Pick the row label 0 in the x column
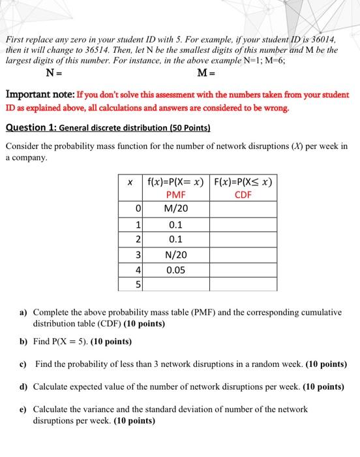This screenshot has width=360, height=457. tap(138, 208)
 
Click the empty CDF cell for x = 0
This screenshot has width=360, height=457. tap(243, 208)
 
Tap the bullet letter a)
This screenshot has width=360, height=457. tap(23, 313)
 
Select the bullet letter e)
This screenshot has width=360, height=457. tap(23, 409)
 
